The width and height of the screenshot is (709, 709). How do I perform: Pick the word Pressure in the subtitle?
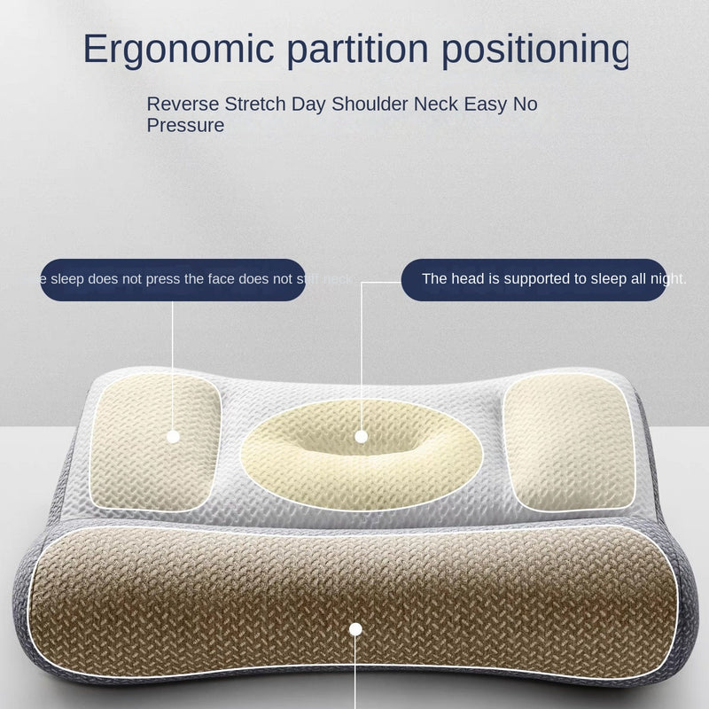(185, 125)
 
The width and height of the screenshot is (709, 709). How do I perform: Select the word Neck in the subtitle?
(434, 104)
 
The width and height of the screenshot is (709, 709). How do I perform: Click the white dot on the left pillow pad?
(174, 436)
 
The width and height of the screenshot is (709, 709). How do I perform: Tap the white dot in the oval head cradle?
(361, 436)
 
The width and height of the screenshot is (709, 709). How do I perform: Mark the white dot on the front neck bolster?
(355, 629)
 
